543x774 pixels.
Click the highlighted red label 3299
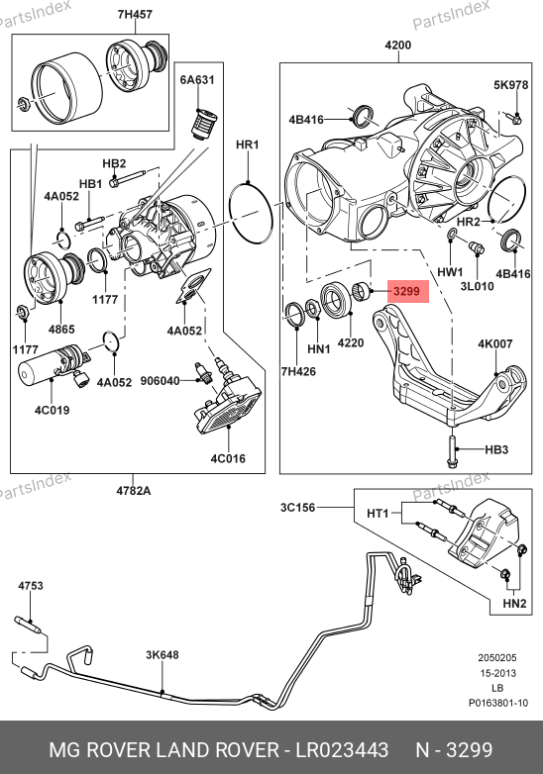click(406, 291)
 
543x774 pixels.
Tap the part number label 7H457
click(135, 14)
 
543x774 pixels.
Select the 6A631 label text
click(197, 80)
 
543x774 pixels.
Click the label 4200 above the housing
click(397, 45)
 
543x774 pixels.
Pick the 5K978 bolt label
click(511, 85)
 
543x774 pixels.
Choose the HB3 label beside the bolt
click(496, 449)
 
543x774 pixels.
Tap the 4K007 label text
click(495, 343)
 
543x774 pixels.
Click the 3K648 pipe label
click(163, 655)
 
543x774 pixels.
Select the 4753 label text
click(31, 586)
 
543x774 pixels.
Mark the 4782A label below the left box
click(134, 491)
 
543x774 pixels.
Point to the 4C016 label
click(228, 458)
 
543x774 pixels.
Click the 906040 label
click(161, 381)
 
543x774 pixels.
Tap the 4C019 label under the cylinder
click(52, 410)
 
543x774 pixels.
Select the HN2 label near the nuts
click(514, 603)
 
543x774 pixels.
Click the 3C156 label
click(297, 508)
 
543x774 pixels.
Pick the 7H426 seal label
click(298, 372)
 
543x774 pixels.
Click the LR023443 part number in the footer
click(342, 750)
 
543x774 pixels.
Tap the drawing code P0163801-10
click(498, 703)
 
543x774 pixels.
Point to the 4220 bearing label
click(351, 342)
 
